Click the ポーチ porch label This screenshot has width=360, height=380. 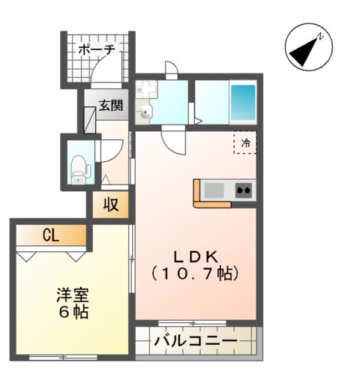[97, 49]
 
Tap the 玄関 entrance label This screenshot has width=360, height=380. [111, 106]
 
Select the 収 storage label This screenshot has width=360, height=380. [111, 204]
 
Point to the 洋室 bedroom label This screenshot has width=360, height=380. [71, 294]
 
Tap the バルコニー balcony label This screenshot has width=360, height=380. [196, 341]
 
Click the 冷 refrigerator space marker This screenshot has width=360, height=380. [244, 142]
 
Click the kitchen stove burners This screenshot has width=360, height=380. [244, 190]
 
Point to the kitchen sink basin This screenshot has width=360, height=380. [215, 190]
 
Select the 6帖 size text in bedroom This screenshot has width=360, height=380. [71, 310]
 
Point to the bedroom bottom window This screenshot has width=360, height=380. [64, 357]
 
